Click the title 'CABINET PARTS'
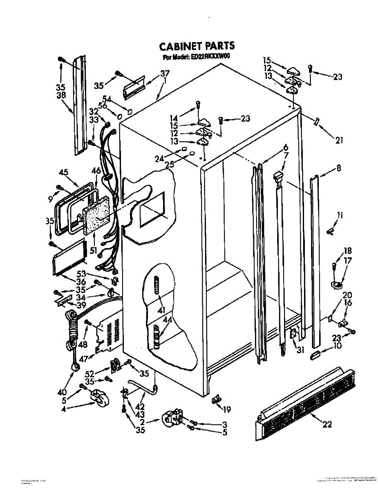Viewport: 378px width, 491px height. click(197, 46)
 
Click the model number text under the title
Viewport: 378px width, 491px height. click(196, 57)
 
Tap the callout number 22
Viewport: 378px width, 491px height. click(327, 425)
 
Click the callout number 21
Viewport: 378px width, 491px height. click(339, 140)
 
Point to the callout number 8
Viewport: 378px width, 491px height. click(338, 168)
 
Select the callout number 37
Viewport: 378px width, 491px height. click(165, 74)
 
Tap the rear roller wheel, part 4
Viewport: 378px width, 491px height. click(100, 397)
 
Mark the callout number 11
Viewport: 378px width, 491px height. click(340, 215)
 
